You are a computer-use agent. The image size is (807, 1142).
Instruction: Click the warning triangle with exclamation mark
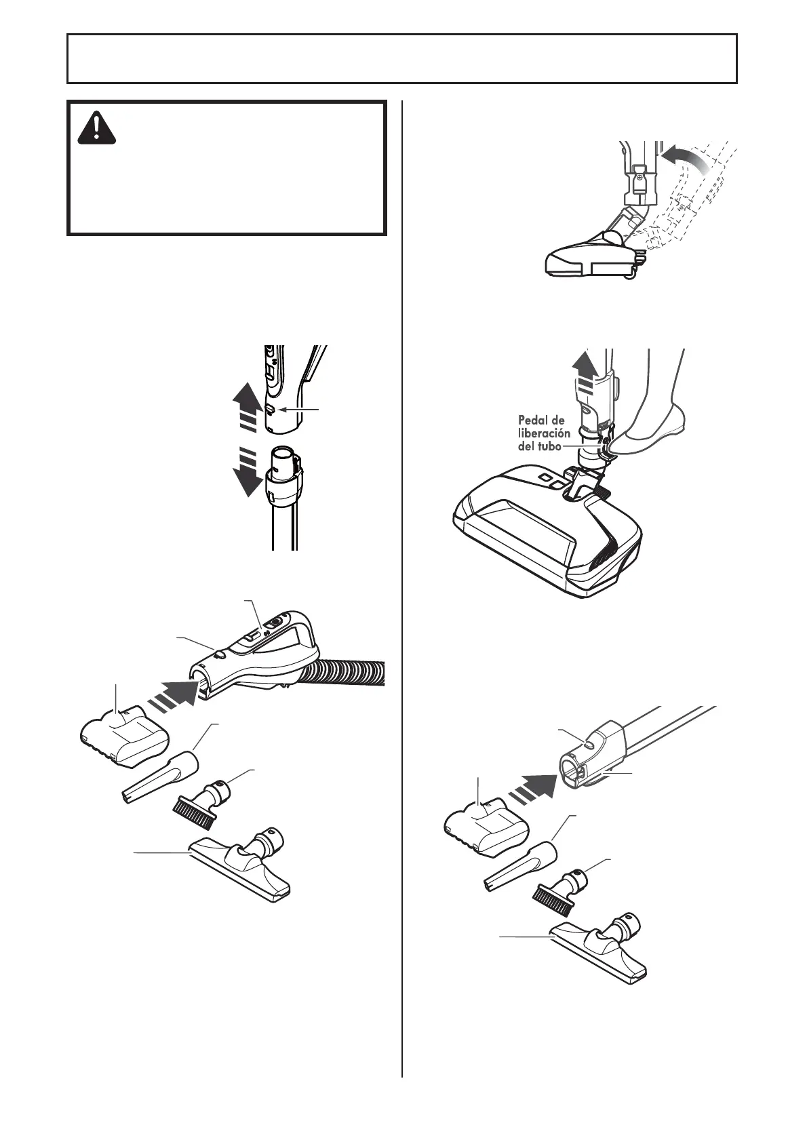click(98, 128)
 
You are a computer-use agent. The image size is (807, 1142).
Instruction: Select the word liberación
click(545, 433)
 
